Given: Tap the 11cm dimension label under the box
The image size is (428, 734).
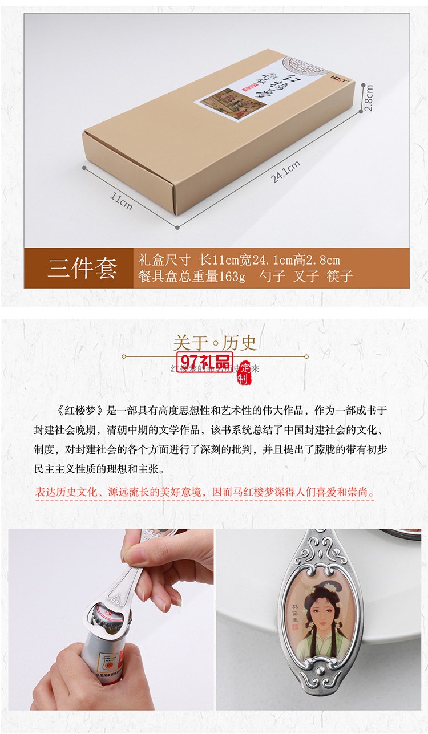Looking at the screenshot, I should click(x=121, y=201).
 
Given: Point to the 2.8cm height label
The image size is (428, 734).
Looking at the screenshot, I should click(x=369, y=98).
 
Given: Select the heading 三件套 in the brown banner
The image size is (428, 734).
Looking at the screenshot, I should click(x=83, y=268).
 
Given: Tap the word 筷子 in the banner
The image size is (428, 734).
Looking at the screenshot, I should click(x=340, y=277).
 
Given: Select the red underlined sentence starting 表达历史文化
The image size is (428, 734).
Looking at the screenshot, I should click(x=205, y=492).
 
